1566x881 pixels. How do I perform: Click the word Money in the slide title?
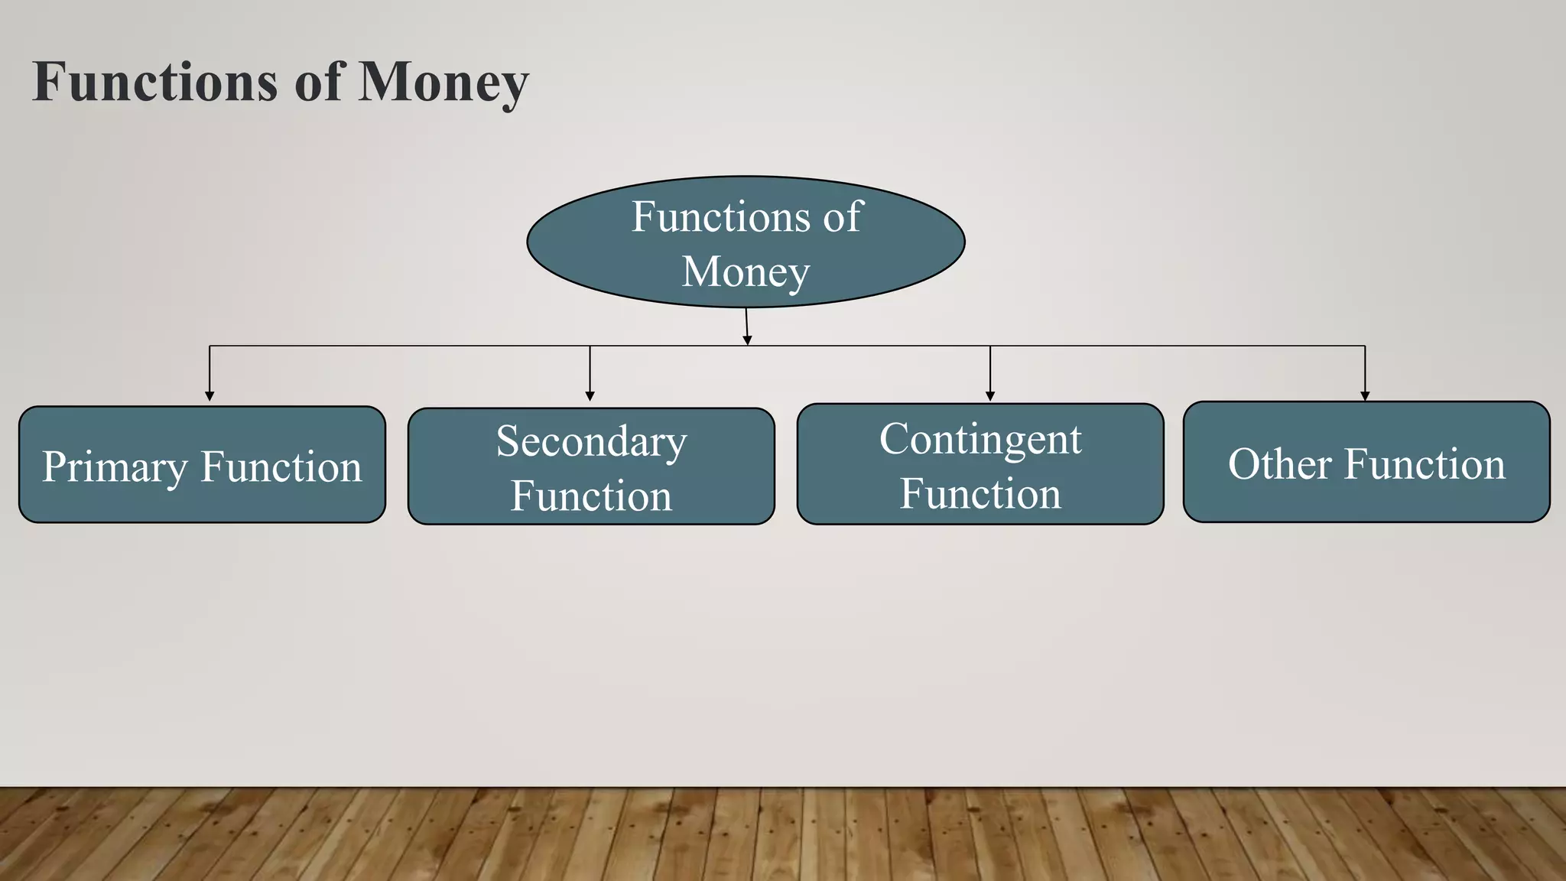pos(443,83)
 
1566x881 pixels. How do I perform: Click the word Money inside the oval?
pos(746,272)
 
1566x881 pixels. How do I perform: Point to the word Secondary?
pos(591,441)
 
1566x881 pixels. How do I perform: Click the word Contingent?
pos(980,440)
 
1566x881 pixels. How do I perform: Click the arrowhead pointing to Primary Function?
pos(210,396)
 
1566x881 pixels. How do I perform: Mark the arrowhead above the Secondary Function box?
pos(590,396)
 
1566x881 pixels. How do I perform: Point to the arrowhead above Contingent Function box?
pos(990,396)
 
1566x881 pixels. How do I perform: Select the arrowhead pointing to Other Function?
pos(1365,396)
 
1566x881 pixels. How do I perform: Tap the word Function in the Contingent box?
pos(980,493)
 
